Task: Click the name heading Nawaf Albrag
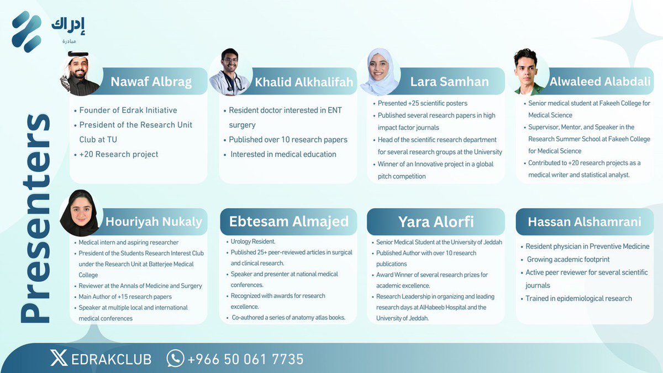[151, 82]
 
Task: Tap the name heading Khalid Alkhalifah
[304, 82]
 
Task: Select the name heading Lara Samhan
[449, 82]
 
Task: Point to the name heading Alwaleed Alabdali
[600, 82]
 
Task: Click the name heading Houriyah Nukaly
[154, 222]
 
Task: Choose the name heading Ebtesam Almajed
[289, 222]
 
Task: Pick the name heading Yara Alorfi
[436, 222]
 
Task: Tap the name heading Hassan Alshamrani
[585, 222]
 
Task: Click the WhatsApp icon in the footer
[175, 359]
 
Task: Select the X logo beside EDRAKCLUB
[59, 359]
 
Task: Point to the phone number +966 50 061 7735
[245, 359]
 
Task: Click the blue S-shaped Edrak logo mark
[27, 31]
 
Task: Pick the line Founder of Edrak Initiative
[128, 110]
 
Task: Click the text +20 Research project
[119, 154]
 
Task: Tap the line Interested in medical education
[283, 154]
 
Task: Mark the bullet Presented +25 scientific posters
[423, 103]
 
